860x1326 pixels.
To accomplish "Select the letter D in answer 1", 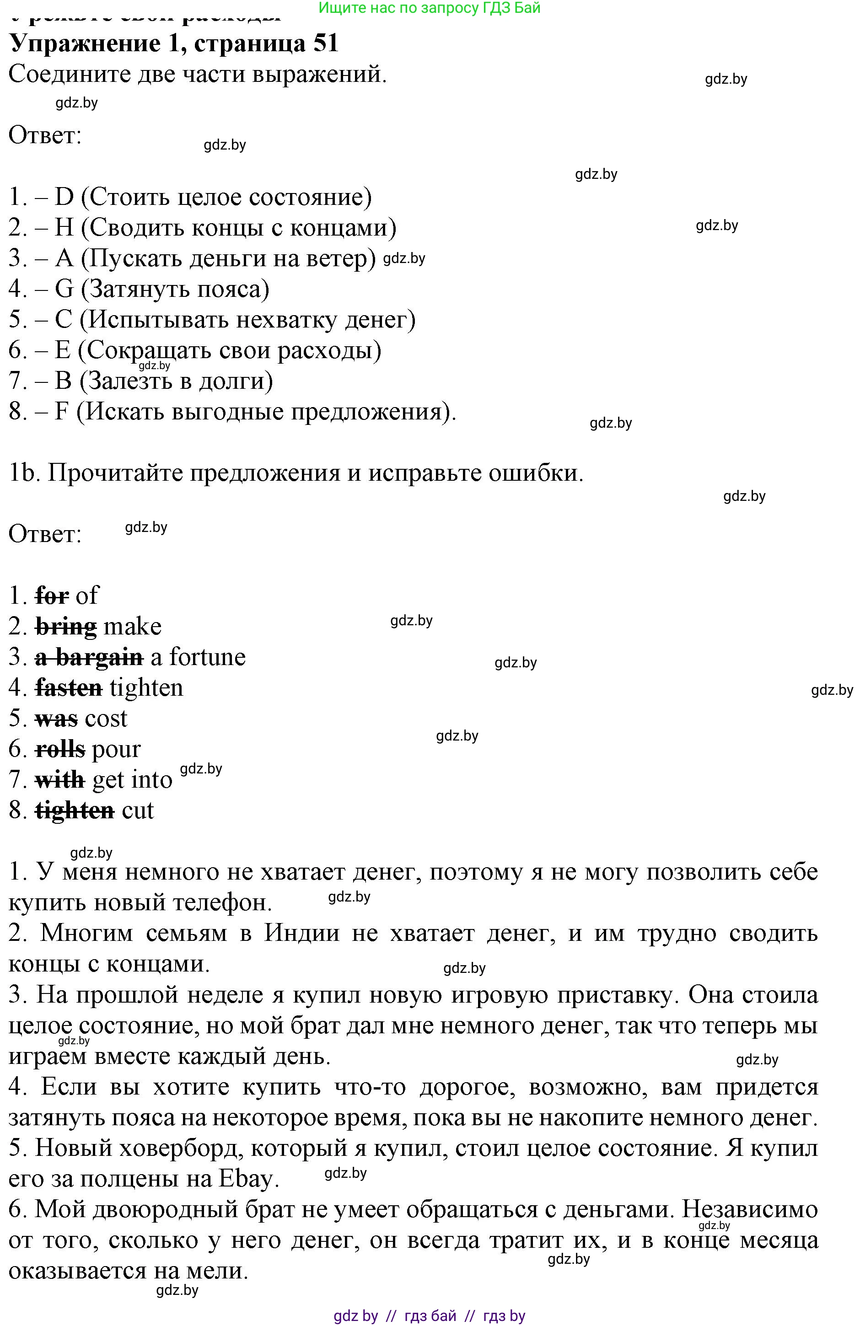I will (64, 197).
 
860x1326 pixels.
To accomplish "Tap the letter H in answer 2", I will (64, 228).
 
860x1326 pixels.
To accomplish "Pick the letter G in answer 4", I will (64, 289).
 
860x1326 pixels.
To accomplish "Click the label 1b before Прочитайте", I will (22, 473).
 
